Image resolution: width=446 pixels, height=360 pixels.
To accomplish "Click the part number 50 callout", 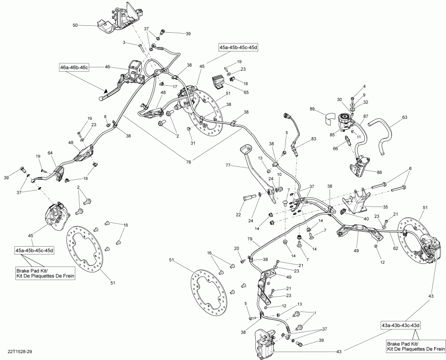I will tap(75, 25).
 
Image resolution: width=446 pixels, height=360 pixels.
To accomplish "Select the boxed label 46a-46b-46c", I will tap(74, 67).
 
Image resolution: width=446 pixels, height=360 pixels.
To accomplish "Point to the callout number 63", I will tap(405, 118).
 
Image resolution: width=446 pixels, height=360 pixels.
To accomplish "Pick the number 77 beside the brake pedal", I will tap(228, 165).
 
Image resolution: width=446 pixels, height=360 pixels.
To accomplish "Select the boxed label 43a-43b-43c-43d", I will tap(400, 325).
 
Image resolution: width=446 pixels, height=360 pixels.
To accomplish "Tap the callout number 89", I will tap(312, 108).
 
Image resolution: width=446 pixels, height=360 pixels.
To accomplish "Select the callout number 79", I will tap(250, 239).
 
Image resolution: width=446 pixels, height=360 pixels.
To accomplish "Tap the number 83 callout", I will tap(313, 140).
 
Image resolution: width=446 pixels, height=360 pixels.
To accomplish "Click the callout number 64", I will tap(50, 153).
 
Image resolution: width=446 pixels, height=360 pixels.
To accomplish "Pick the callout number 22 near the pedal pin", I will tap(238, 214).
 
